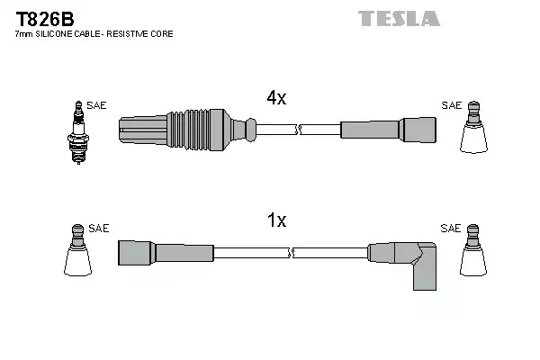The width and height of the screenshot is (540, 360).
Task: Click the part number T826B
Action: [45, 19]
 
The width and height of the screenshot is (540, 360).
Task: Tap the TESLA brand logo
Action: [399, 19]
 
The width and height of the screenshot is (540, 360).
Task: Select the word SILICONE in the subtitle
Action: [53, 34]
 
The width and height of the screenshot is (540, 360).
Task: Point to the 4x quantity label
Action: [276, 98]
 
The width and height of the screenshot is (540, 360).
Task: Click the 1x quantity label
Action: [276, 220]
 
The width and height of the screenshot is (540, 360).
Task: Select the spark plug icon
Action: [78, 132]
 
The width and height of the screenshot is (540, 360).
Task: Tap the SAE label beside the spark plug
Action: [96, 105]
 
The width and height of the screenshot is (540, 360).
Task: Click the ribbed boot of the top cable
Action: [188, 130]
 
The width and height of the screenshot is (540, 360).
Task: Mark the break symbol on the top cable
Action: [299, 130]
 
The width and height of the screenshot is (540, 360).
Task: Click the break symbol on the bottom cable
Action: [291, 253]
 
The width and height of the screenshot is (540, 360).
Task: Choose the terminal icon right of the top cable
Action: [473, 127]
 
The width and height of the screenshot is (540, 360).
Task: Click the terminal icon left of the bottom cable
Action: [77, 250]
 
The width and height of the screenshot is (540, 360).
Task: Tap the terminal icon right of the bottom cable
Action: [473, 250]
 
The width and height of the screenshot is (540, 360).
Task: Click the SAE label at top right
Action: [452, 105]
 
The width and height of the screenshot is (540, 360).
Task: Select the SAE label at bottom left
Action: [98, 228]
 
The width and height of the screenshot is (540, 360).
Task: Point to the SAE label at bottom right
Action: [451, 228]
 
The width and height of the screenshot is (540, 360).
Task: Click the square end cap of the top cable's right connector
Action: [418, 130]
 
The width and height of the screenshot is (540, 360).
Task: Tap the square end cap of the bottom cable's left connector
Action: [135, 253]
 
